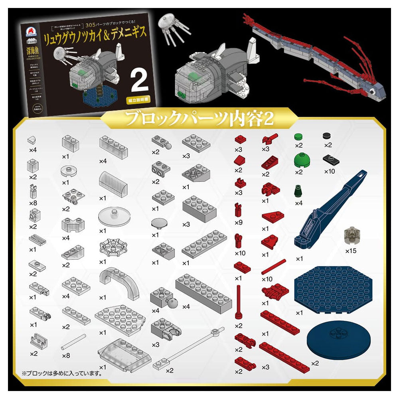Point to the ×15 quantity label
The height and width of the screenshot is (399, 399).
(352, 251)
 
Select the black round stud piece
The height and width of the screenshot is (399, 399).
(328, 136)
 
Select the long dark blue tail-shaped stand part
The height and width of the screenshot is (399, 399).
(333, 207)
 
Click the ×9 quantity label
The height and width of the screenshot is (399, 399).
(239, 222)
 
